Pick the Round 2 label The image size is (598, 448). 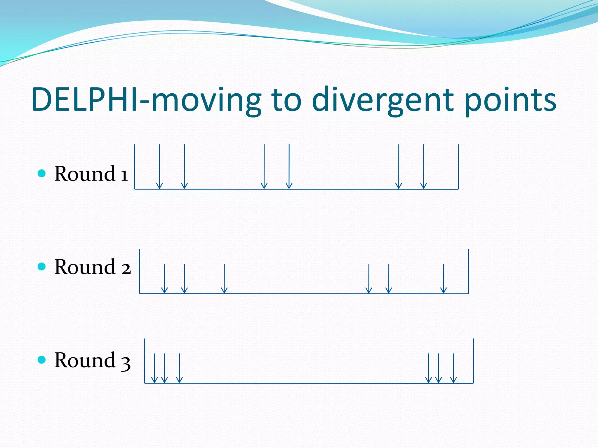coord(93,267)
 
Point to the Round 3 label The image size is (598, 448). coord(92,360)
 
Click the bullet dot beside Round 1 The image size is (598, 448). coord(42,174)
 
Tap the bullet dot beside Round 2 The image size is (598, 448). coord(42,267)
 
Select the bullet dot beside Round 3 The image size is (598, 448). coord(42,360)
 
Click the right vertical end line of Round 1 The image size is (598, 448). coord(458,167)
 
